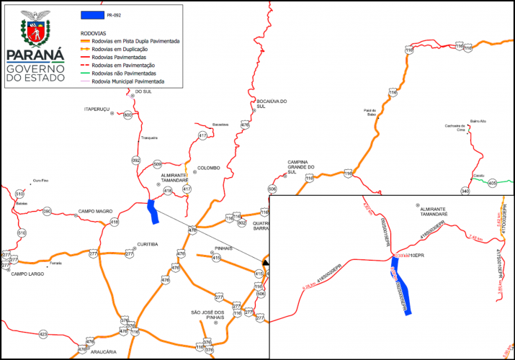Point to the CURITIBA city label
[147, 244]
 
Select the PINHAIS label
[221, 247]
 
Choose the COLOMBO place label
[208, 168]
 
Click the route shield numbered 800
[127, 115]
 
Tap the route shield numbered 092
[136, 160]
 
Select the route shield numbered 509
[158, 164]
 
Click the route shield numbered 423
[43, 334]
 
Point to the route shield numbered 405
[492, 184]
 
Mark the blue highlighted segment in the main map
[152, 211]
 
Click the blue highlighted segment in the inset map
[402, 288]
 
